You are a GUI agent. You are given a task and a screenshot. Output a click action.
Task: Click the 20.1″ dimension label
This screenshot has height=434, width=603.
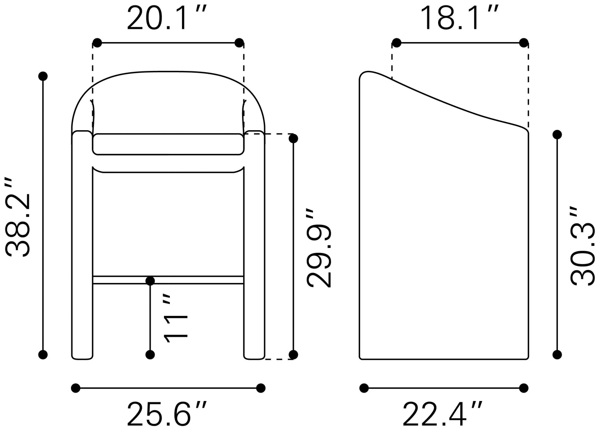click(167, 18)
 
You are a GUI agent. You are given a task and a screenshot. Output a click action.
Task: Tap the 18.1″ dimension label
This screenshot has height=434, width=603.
click(459, 18)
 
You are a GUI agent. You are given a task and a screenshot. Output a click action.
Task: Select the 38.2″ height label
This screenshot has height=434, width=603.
click(18, 217)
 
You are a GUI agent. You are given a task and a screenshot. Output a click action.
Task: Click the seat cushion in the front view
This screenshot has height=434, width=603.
click(168, 144)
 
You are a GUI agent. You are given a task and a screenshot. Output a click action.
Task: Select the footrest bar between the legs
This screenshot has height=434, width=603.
click(168, 280)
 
